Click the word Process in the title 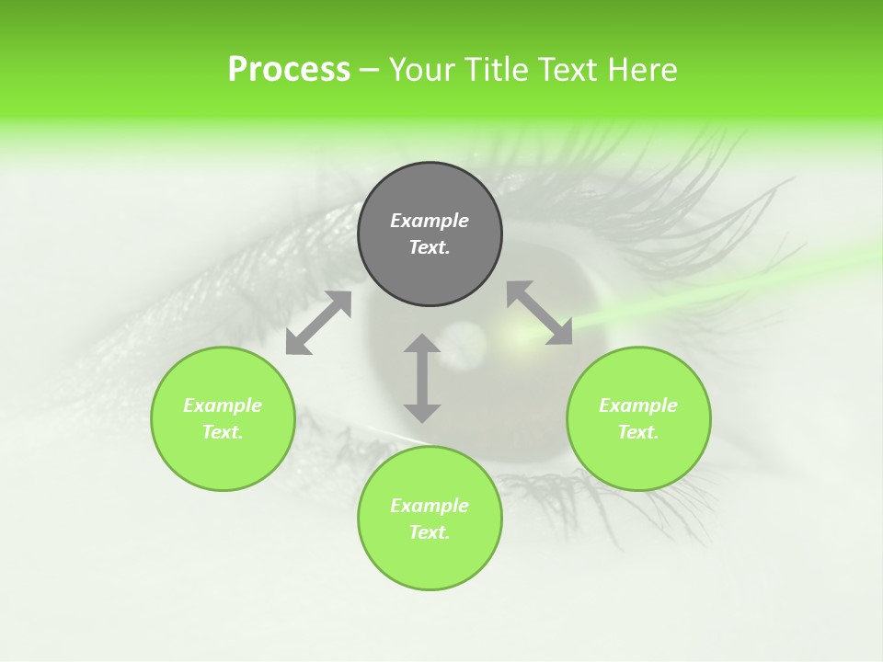[289, 70]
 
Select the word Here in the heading [642, 70]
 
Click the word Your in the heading [423, 70]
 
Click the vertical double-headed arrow [422, 378]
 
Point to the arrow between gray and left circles [318, 323]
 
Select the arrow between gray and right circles [540, 313]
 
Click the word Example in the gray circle [430, 221]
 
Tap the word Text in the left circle [223, 432]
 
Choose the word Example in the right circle [638, 405]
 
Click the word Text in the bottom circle [430, 532]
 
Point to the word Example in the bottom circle [430, 506]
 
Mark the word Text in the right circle [638, 432]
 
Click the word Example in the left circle [223, 405]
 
